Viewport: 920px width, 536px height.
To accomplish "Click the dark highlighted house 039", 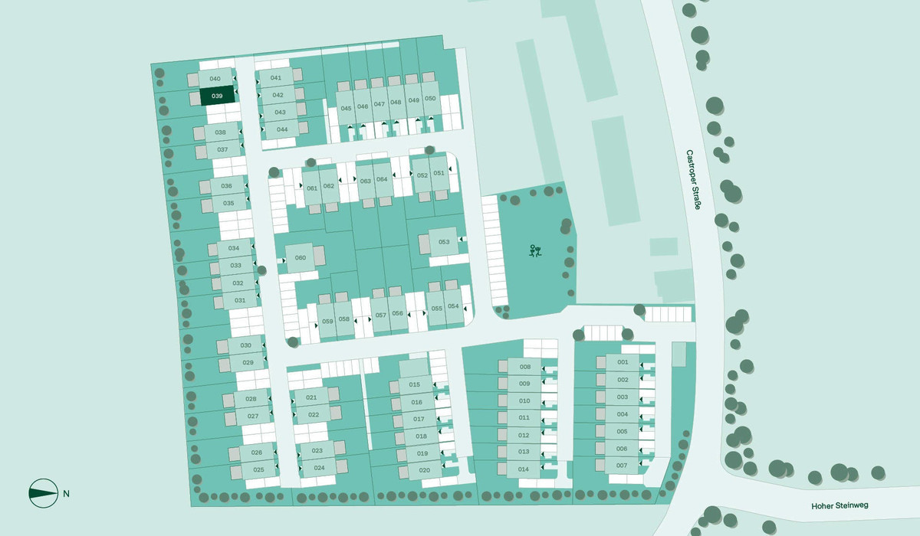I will pyautogui.click(x=217, y=96).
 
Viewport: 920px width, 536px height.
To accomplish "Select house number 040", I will pyautogui.click(x=215, y=79).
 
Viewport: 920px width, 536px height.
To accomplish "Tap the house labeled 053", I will pyautogui.click(x=443, y=242).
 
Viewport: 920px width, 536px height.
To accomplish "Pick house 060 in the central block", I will pyautogui.click(x=301, y=257).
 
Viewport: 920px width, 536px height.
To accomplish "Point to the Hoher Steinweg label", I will pyautogui.click(x=839, y=506).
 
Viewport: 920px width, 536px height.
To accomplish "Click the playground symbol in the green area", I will pyautogui.click(x=535, y=250).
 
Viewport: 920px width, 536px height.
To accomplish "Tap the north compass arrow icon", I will pyautogui.click(x=43, y=493).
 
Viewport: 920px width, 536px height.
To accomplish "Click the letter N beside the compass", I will pyautogui.click(x=67, y=493).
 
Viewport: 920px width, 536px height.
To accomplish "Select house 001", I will pyautogui.click(x=623, y=362).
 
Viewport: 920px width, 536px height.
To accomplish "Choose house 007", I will pyautogui.click(x=622, y=466).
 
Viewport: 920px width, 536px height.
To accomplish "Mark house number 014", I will pyautogui.click(x=524, y=469).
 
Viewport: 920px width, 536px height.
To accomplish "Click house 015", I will pyautogui.click(x=415, y=384).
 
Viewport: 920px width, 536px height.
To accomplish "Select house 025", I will pyautogui.click(x=258, y=469).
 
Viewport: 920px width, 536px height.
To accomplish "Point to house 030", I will pyautogui.click(x=245, y=346).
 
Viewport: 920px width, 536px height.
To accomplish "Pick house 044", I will pyautogui.click(x=282, y=129).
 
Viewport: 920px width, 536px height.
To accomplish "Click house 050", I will pyautogui.click(x=430, y=99).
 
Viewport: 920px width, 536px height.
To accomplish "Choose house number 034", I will pyautogui.click(x=234, y=249).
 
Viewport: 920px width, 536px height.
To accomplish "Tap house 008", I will pyautogui.click(x=525, y=367).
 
